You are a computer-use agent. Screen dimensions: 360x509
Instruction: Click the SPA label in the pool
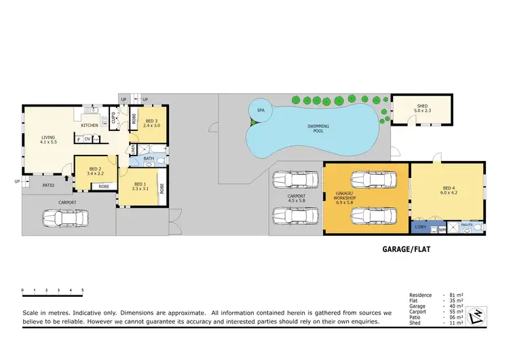261,110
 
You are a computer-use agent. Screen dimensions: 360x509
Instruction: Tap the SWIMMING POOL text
319,128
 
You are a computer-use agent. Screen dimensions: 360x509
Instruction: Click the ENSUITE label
466,223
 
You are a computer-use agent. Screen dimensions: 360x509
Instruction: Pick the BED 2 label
95,171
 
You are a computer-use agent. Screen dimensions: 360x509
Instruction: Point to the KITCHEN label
90,126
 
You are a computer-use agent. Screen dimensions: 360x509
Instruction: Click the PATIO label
48,185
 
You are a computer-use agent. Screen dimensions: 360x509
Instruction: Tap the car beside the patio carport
65,219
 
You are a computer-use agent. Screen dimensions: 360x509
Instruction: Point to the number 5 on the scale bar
82,290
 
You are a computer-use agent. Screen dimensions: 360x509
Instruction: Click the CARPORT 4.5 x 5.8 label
297,198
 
